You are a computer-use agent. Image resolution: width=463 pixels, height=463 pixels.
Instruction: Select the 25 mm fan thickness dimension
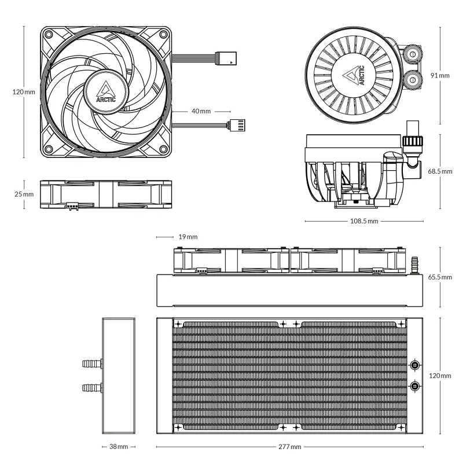click(24, 193)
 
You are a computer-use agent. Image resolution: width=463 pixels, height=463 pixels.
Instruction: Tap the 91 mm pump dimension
click(440, 76)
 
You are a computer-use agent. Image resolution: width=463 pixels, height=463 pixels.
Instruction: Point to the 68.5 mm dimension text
click(440, 172)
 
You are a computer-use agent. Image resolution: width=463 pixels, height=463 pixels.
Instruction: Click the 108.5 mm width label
click(364, 221)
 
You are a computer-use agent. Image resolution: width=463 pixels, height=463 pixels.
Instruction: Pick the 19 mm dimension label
click(187, 237)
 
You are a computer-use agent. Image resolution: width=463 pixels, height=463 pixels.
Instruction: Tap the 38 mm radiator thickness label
click(118, 447)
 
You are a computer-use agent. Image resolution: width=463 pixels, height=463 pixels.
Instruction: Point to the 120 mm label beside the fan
click(24, 92)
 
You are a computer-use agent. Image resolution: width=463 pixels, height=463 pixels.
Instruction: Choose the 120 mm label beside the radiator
click(440, 376)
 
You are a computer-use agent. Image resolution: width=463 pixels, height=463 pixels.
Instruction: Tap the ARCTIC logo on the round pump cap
click(355, 75)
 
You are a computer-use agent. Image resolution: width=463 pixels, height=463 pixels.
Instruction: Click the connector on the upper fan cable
click(226, 58)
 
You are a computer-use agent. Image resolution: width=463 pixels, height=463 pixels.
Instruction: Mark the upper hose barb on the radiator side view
click(92, 364)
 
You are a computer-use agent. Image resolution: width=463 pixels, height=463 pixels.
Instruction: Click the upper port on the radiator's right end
click(415, 365)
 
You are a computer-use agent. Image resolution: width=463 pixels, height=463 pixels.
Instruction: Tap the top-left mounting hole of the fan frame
click(50, 34)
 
